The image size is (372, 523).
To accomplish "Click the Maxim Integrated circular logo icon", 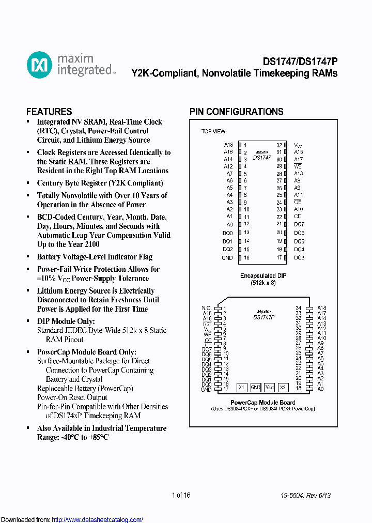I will (39, 65).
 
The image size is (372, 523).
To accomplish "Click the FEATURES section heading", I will (49, 112).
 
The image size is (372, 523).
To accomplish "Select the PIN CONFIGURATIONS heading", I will (236, 112).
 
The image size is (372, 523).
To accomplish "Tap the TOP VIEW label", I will (213, 131).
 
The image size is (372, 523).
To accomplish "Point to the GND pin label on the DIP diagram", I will (227, 258).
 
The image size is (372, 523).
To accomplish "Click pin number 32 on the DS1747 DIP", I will (279, 146).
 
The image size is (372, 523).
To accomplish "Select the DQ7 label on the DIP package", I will (299, 224).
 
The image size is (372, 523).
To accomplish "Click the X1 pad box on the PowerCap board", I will (241, 387).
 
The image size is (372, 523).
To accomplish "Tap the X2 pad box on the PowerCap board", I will (283, 387).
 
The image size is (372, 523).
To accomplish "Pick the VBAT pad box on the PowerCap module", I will (269, 387).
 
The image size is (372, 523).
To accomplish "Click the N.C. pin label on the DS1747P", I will (206, 308).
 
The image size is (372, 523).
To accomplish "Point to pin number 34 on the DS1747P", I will (299, 308).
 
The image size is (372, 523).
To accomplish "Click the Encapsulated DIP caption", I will (263, 276).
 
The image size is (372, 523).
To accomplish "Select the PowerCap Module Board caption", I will (263, 403).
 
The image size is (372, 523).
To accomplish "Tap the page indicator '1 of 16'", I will (181, 495).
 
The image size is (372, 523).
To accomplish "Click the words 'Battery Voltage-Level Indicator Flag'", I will (95, 257).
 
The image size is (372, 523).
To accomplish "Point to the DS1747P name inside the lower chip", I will (264, 317).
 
